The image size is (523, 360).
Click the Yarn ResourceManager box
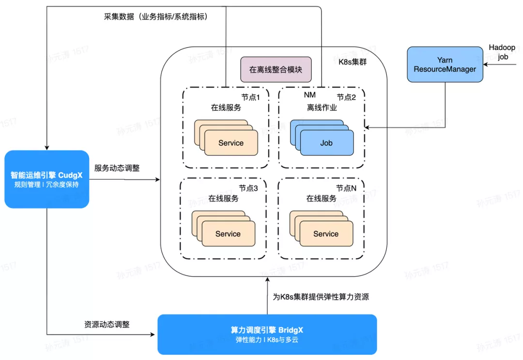click(445, 64)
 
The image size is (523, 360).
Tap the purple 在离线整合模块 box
click(276, 69)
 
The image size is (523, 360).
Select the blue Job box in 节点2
click(327, 143)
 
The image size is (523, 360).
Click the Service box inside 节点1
click(231, 143)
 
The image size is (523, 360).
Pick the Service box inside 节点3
click(229, 234)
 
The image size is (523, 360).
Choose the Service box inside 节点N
click(326, 234)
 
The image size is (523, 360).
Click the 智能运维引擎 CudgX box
click(46, 179)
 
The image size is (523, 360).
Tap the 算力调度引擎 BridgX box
click(267, 334)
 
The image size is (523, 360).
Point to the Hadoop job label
click(502, 52)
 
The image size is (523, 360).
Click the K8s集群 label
click(353, 62)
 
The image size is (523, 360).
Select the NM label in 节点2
click(310, 95)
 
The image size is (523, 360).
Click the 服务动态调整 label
click(117, 168)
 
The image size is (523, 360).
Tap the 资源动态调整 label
click(107, 324)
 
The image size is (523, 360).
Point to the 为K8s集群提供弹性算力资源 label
click(321, 297)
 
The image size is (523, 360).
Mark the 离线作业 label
click(322, 108)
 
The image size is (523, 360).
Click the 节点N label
click(346, 188)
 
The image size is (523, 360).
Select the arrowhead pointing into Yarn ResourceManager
click(486, 64)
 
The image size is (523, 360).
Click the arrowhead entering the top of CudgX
click(46, 147)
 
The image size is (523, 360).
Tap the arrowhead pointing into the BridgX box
click(153, 334)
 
